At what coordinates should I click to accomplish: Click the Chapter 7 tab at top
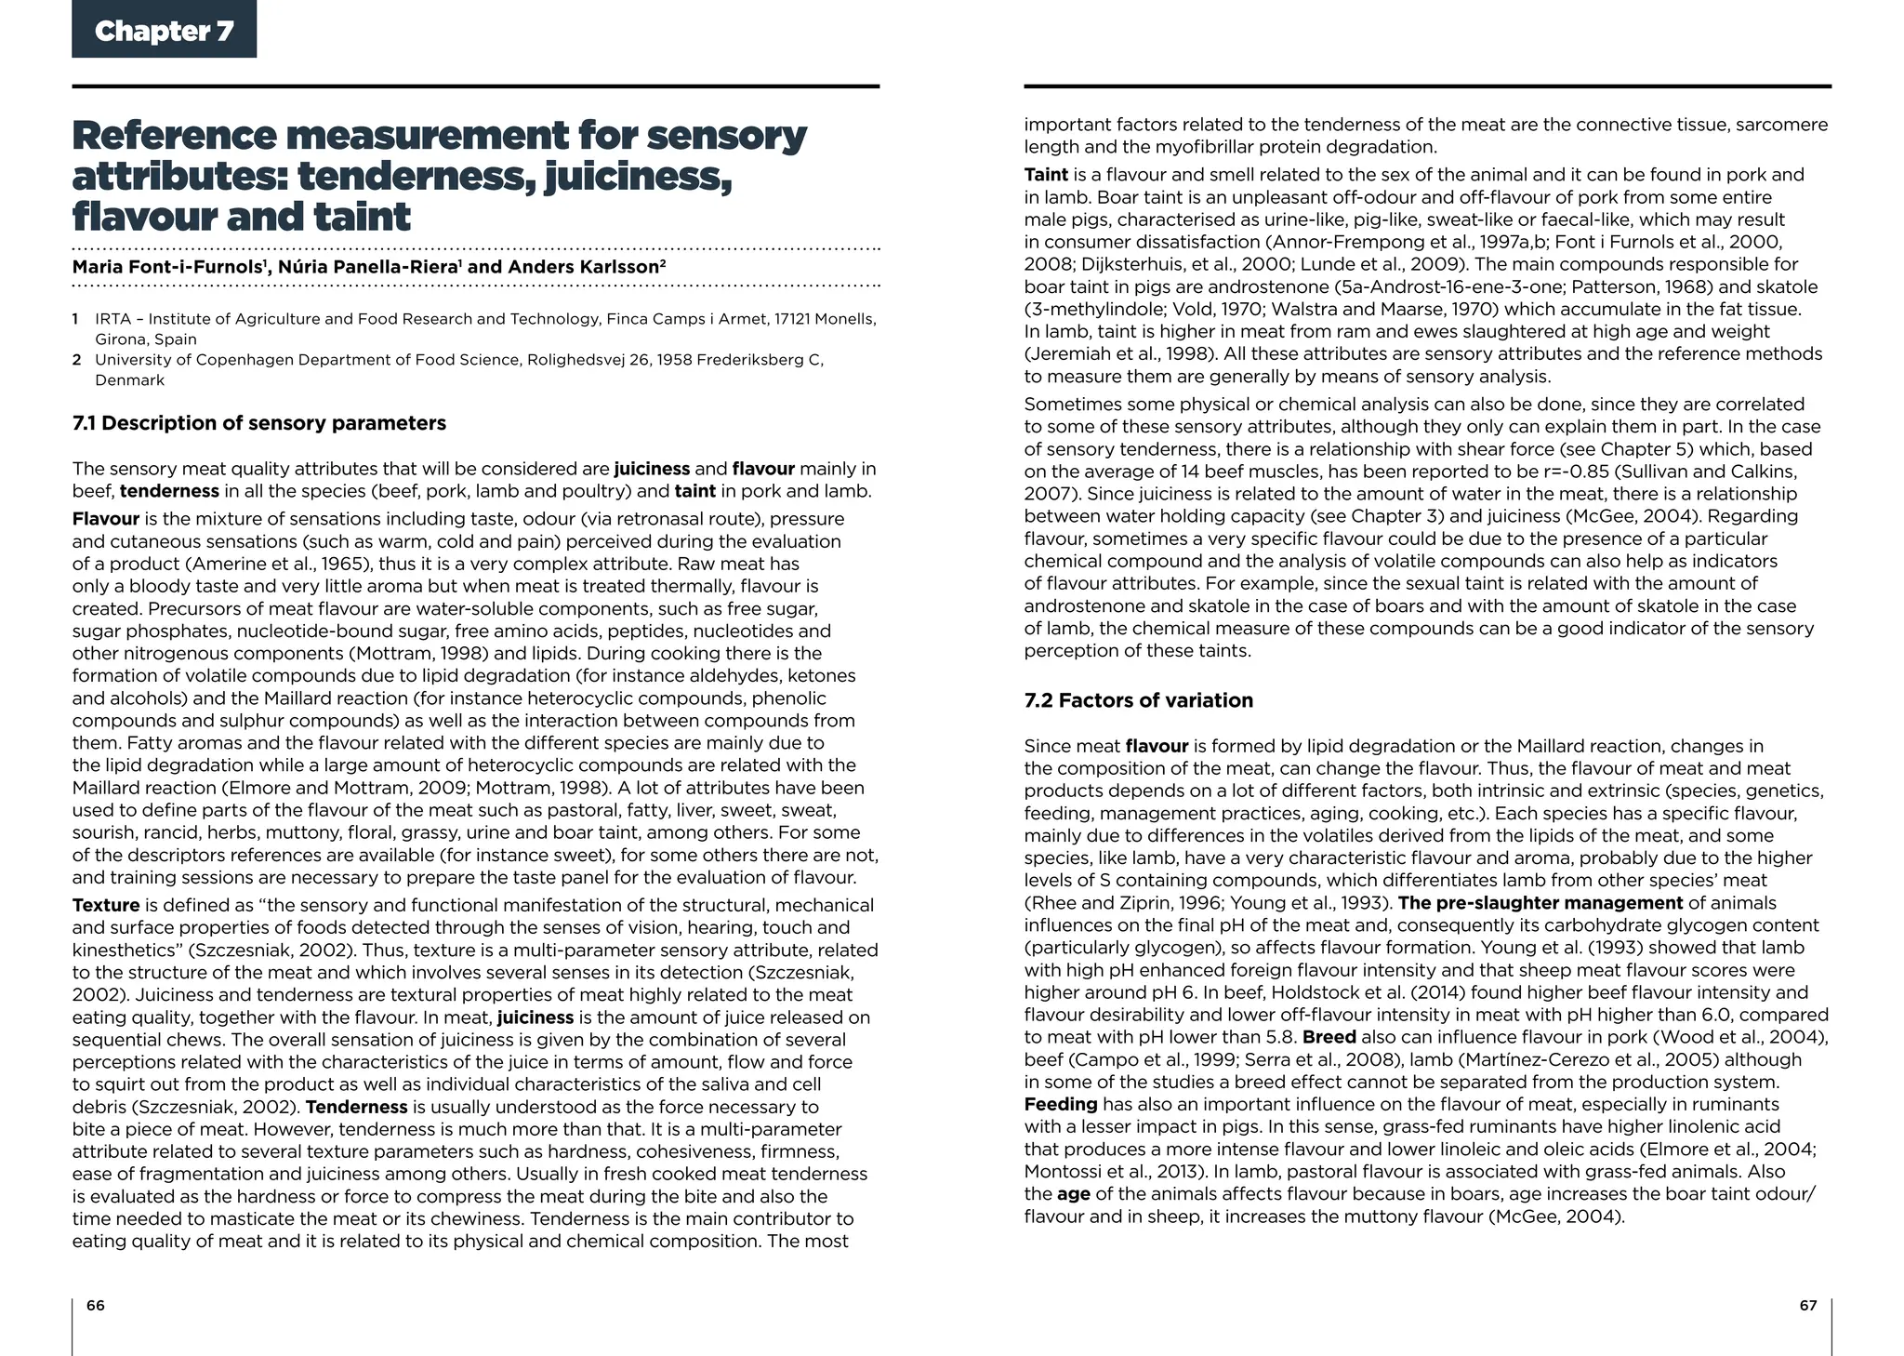[164, 31]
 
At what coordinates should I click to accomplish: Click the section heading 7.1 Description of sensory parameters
[259, 423]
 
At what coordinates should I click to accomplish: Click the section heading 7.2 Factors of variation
[1138, 700]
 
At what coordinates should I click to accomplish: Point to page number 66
[95, 1305]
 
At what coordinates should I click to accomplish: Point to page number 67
[1807, 1305]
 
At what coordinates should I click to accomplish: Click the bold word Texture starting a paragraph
[106, 905]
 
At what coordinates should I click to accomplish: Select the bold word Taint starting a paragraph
[1046, 175]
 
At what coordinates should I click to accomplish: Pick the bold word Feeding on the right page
[1061, 1104]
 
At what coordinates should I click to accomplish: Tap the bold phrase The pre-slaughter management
[1540, 903]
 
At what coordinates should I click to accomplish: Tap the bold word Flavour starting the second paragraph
[106, 519]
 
